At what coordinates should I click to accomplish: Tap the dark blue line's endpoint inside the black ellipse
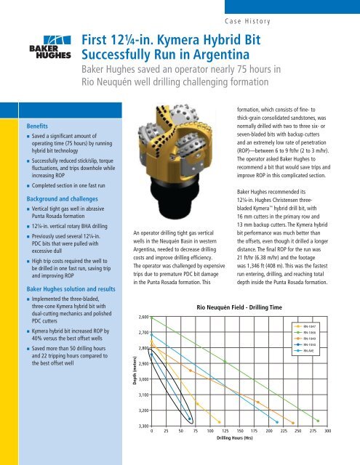(191, 419)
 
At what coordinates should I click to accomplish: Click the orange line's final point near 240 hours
(292, 421)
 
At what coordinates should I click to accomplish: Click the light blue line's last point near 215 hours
(277, 421)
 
